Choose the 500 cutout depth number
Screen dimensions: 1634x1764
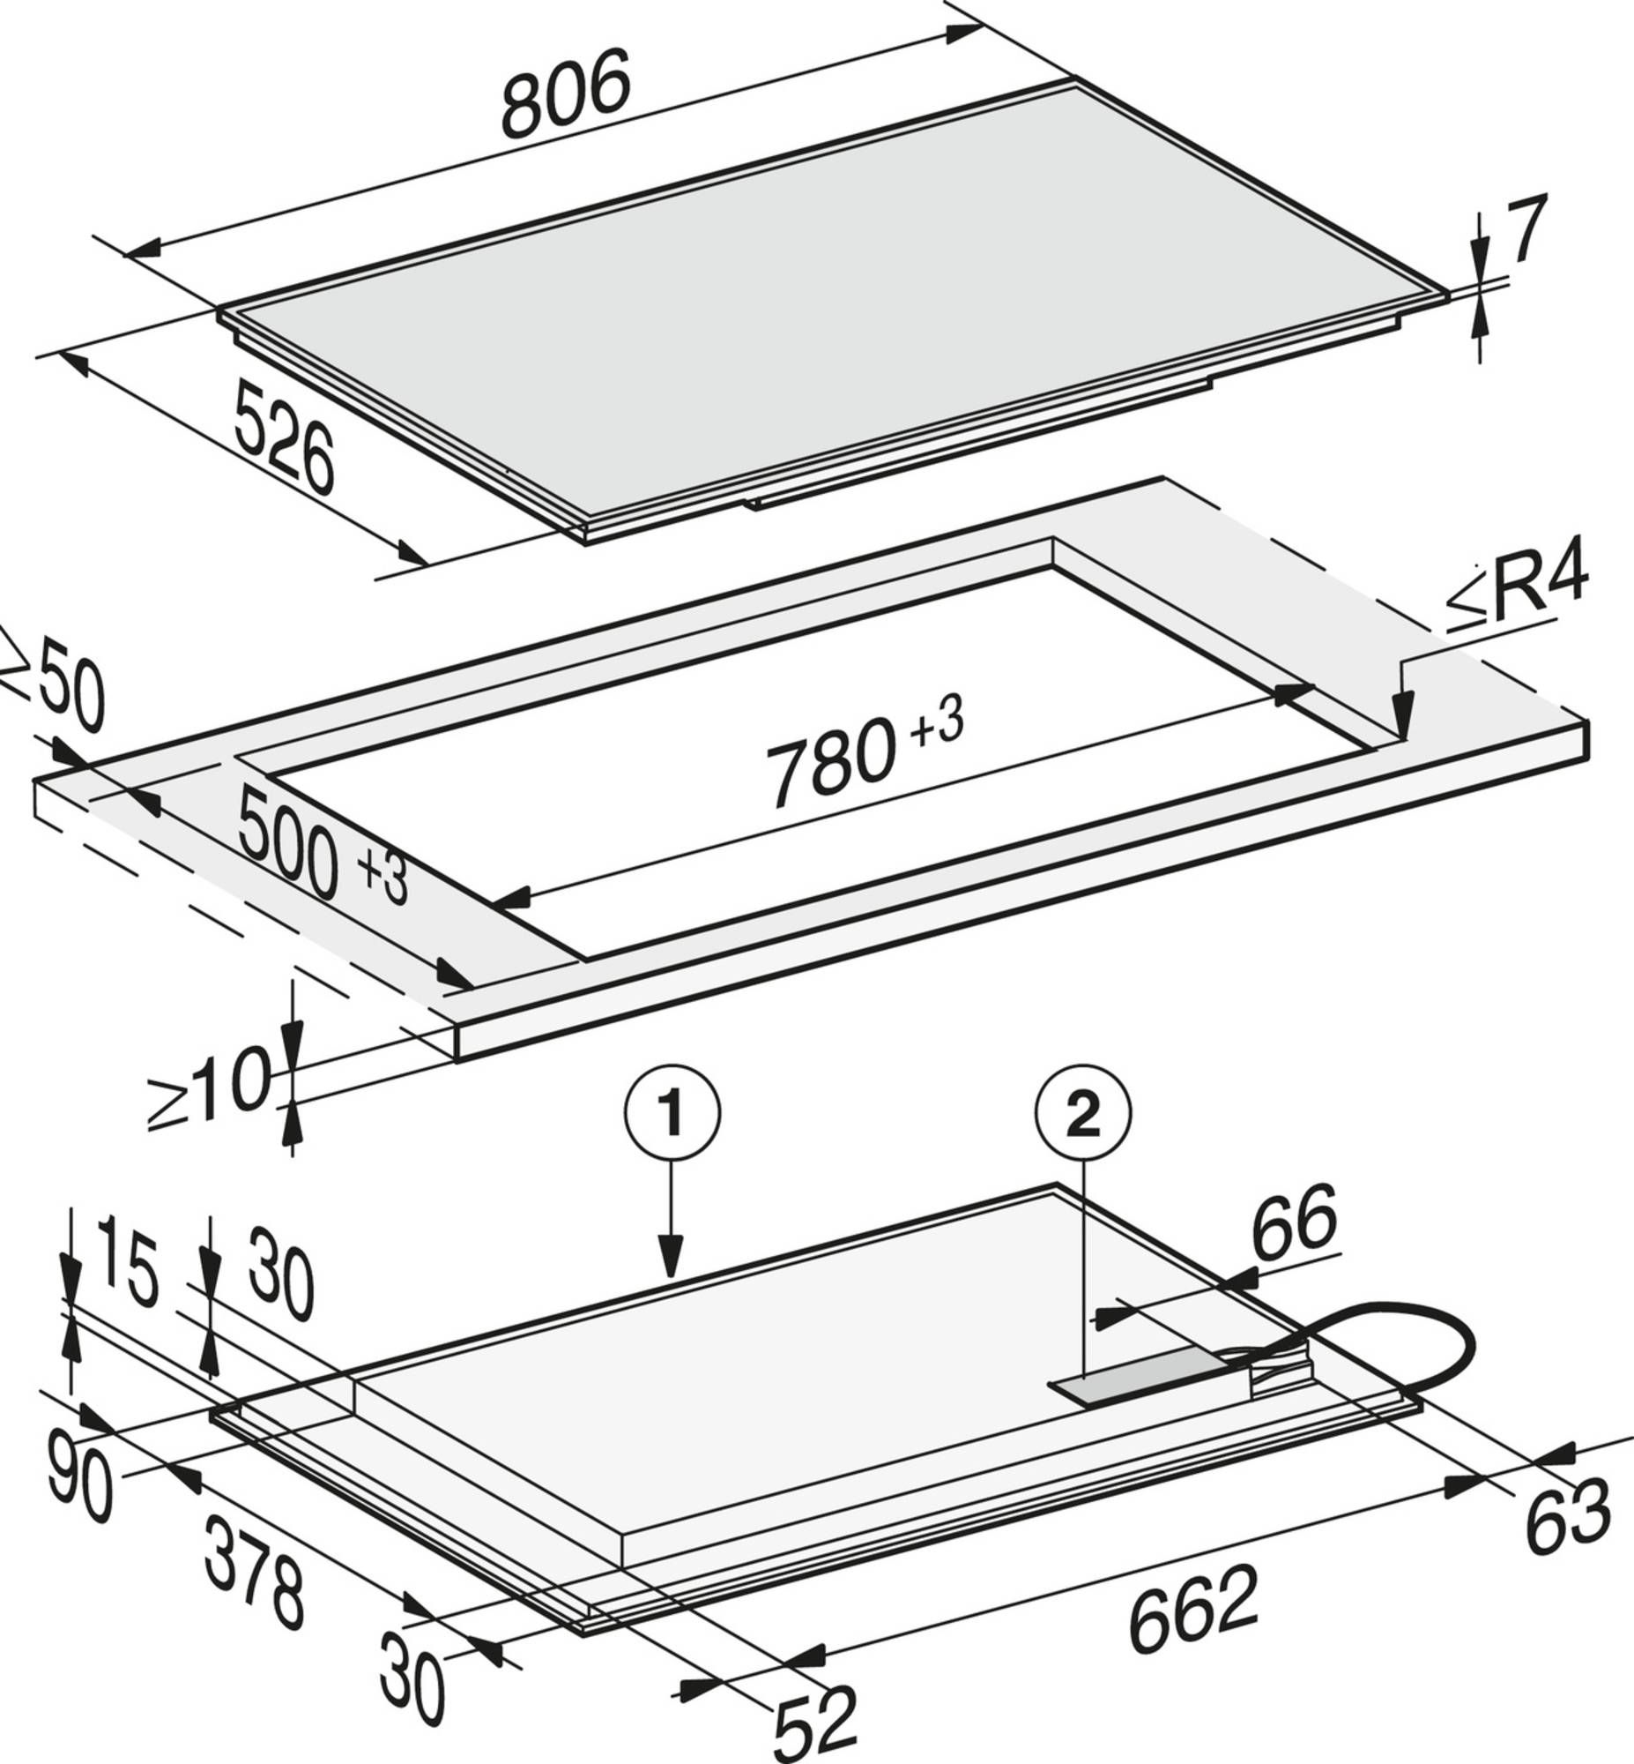[289, 843]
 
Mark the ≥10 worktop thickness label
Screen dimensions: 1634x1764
[209, 1086]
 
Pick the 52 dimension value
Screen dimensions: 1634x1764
[815, 1723]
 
